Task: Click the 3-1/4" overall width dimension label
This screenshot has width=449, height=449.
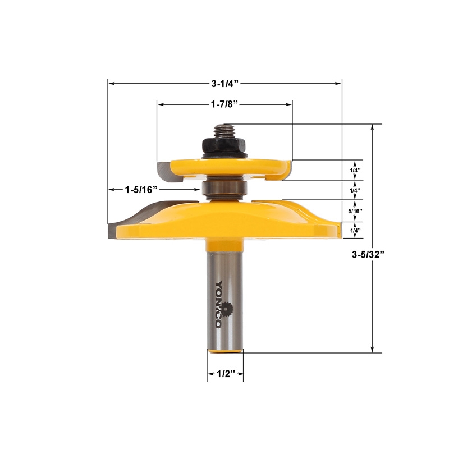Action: pyautogui.click(x=225, y=84)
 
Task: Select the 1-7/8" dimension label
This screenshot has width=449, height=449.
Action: pyautogui.click(x=225, y=104)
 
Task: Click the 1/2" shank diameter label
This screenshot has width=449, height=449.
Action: pyautogui.click(x=225, y=373)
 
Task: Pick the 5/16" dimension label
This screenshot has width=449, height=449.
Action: pyautogui.click(x=355, y=211)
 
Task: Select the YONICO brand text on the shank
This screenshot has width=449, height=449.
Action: pyautogui.click(x=219, y=303)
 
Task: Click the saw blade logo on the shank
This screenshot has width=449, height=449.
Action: pyautogui.click(x=226, y=308)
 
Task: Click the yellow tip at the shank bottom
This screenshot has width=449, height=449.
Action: pyautogui.click(x=225, y=351)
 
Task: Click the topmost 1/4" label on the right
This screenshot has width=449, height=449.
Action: pyautogui.click(x=355, y=170)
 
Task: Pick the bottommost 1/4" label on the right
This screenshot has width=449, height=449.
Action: pyautogui.click(x=355, y=231)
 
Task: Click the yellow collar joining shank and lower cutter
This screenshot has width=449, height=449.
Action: pyautogui.click(x=225, y=246)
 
